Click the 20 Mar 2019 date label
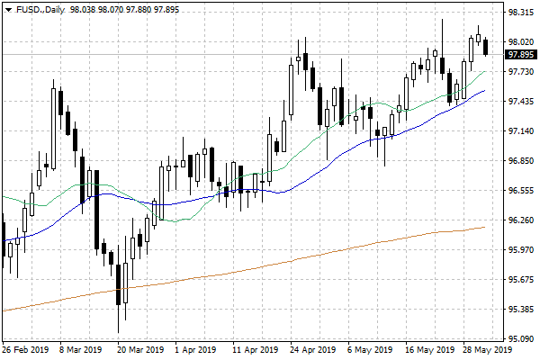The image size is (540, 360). pyautogui.click(x=140, y=350)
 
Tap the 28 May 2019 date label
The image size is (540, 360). pyautogui.click(x=487, y=350)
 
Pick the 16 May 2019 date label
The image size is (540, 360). pyautogui.click(x=428, y=350)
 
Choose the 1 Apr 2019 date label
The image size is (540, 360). pyautogui.click(x=195, y=350)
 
